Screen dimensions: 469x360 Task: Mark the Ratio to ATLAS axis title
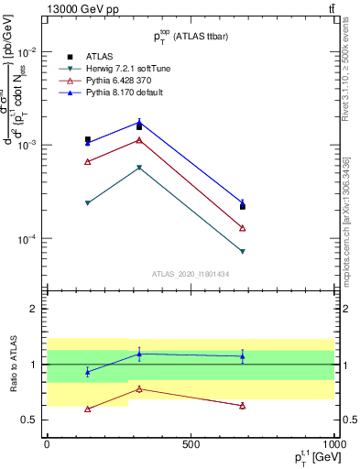(14, 364)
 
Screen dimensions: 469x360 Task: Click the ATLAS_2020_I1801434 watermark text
(191, 274)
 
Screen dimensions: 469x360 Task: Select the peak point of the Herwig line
(139, 168)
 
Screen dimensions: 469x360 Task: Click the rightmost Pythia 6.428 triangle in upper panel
(243, 228)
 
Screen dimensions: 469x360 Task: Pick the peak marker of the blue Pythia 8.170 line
(139, 122)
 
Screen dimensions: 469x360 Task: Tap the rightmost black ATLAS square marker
(243, 207)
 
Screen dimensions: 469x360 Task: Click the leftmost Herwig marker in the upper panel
(88, 202)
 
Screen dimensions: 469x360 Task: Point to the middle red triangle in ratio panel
(139, 388)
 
